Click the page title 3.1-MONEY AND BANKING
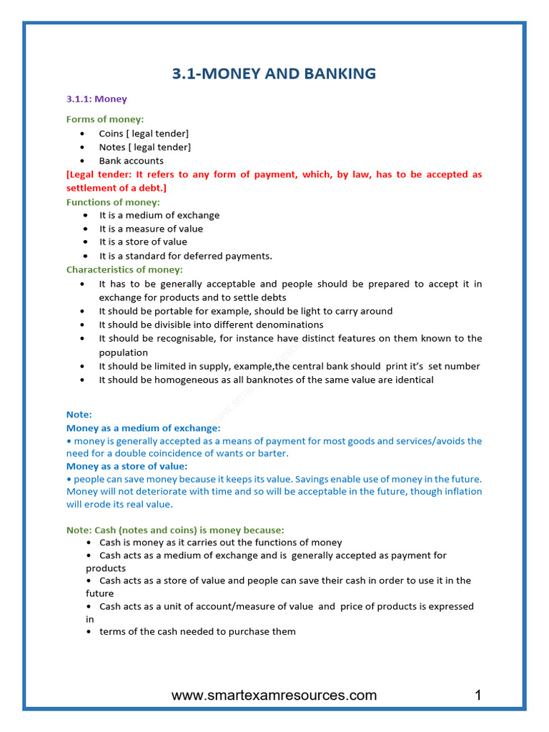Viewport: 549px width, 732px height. [274, 74]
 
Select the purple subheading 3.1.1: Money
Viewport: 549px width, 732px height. [97, 99]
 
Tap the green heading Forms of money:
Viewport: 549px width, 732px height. [105, 119]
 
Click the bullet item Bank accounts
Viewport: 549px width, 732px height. [131, 161]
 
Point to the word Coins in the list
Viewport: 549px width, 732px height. [111, 134]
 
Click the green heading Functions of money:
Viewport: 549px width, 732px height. [113, 202]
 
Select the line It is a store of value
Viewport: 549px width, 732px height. [143, 242]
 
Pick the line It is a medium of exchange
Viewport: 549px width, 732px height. [159, 215]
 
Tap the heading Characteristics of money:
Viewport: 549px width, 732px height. [124, 269]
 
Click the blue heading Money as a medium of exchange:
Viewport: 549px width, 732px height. [143, 428]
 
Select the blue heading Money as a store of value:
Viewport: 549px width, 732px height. [127, 466]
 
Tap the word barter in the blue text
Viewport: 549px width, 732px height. [274, 454]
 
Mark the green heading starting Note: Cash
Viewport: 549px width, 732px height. [175, 530]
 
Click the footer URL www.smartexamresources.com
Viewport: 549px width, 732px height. [274, 696]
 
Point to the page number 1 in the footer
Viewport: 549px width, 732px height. [478, 696]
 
